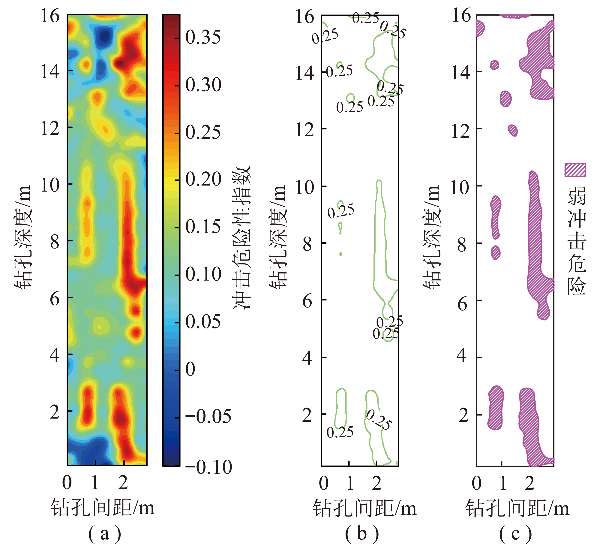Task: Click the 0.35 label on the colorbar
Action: [x=203, y=38]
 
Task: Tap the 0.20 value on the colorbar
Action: [x=203, y=179]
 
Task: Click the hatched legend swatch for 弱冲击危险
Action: [x=575, y=170]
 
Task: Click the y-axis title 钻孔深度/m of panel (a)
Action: [x=23, y=237]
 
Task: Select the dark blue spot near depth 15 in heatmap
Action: [x=104, y=37]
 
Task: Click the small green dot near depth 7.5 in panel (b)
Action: [x=341, y=254]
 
